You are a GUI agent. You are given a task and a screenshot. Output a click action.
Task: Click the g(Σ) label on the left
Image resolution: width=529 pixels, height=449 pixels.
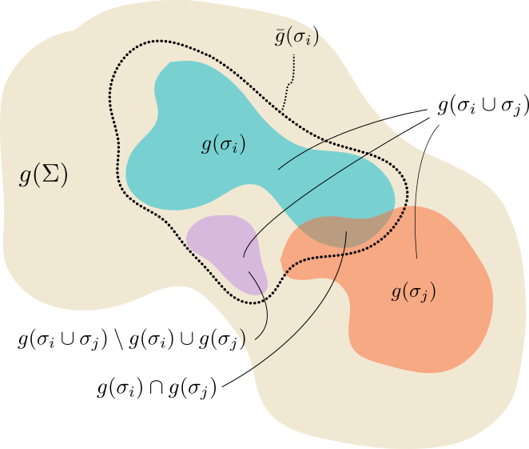click(43, 177)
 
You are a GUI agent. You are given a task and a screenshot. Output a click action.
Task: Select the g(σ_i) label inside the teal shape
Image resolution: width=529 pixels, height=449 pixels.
click(223, 145)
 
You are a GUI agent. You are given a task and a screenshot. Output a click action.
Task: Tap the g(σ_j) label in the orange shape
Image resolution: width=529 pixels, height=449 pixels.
click(413, 292)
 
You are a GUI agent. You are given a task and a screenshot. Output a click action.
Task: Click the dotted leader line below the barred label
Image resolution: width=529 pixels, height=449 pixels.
click(287, 84)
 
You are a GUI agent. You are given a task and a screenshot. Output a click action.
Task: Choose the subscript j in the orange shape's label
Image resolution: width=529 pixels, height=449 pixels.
click(428, 297)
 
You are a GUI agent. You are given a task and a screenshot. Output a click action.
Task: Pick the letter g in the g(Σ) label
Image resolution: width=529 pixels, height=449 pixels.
click(25, 178)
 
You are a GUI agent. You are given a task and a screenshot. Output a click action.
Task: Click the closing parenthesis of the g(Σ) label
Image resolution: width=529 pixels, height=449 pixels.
click(63, 177)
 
